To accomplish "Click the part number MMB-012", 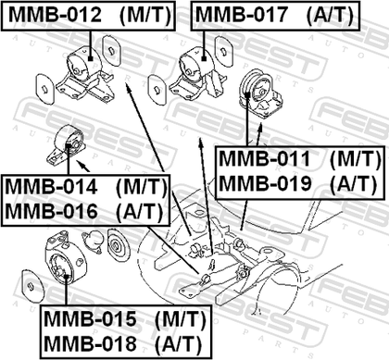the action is [55, 15].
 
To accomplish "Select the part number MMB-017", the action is [242, 15].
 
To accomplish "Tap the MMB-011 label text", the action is [264, 159].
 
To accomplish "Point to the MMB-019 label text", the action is [264, 184].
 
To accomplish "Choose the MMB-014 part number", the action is [51, 187].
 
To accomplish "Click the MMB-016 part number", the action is [51, 212].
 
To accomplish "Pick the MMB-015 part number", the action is [90, 318].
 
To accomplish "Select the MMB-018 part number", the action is [90, 343].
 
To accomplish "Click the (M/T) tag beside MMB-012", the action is [145, 15].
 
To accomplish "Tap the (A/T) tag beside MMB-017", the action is [330, 15].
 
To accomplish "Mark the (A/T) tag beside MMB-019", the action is [354, 184].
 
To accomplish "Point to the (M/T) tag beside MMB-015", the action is [180, 319].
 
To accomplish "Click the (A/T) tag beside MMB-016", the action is [140, 212].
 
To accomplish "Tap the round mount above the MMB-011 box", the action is [261, 94].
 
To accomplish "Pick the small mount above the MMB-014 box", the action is [66, 146].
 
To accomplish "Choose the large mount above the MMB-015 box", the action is [64, 258].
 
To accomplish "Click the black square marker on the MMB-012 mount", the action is [90, 58].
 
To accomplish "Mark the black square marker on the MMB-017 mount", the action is [204, 58].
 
